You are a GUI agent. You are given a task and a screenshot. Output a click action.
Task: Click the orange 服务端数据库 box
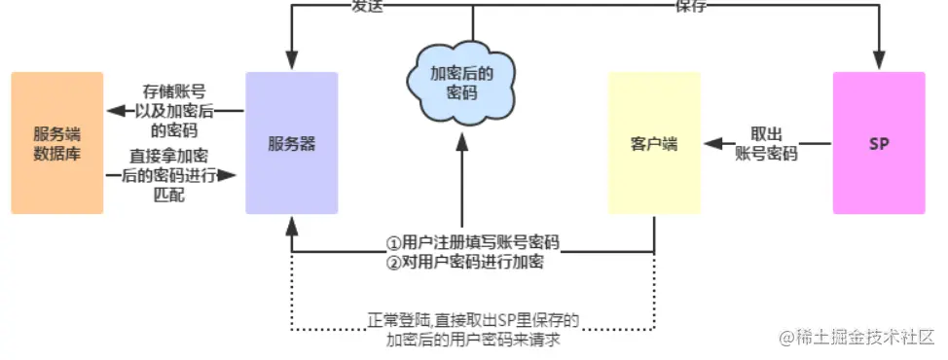tap(57, 143)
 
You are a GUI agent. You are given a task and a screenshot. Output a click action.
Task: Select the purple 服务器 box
tap(292, 143)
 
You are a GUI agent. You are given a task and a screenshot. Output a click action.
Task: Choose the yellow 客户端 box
tap(654, 143)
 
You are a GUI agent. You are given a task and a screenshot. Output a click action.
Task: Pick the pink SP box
tap(879, 143)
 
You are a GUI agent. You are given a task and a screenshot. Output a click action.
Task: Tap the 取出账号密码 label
tap(767, 144)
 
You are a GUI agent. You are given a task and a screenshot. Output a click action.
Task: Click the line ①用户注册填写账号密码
tap(474, 242)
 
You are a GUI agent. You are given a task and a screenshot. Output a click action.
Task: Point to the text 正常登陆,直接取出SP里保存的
tap(474, 320)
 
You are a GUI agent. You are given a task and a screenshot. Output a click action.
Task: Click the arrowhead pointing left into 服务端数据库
tap(114, 110)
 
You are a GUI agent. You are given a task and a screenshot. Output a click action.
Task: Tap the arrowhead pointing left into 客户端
tap(712, 144)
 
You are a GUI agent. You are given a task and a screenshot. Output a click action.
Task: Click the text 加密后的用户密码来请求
tap(474, 340)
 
